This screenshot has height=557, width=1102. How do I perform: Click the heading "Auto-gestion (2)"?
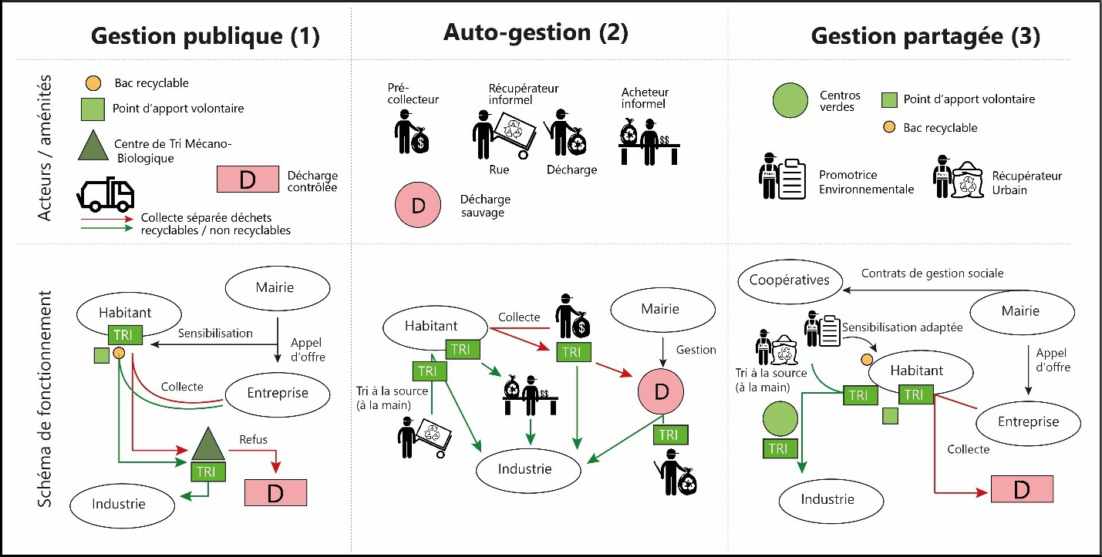535,32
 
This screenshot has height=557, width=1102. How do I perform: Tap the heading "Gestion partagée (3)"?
925,35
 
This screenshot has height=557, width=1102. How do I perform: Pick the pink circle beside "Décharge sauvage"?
416,206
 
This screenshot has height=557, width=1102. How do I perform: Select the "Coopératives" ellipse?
789,280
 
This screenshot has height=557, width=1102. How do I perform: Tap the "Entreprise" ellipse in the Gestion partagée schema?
1028,421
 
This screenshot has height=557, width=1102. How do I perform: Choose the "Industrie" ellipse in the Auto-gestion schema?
524,468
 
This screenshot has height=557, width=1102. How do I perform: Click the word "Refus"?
253,439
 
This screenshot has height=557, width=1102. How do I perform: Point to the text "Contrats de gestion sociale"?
932,273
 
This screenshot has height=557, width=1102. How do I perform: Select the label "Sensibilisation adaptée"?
903,327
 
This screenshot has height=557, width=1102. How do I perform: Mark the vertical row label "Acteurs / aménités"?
47,146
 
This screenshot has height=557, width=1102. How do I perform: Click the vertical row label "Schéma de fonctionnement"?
47,398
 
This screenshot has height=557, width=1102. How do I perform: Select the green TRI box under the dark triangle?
204,471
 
